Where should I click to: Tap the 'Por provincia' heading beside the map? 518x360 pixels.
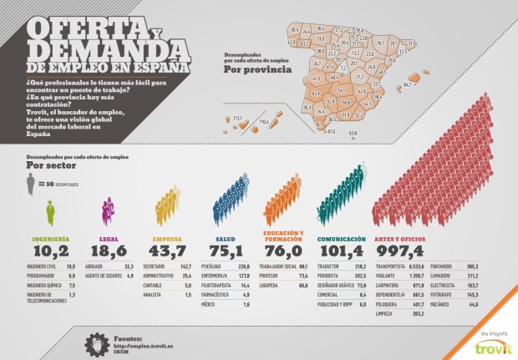(258, 69)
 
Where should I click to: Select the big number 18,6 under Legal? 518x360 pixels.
(106, 250)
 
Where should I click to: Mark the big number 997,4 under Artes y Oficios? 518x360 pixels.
(399, 250)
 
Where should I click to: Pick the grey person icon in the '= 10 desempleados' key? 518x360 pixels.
(30, 183)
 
